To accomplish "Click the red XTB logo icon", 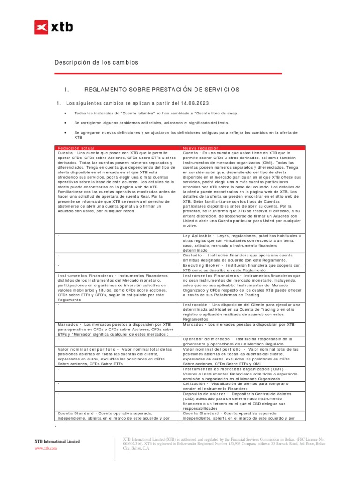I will click(x=41, y=27).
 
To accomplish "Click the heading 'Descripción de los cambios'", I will click(x=97, y=62).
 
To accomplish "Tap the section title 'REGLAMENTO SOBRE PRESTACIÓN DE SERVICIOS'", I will click(x=161, y=89).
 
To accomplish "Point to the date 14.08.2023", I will click(x=195, y=103).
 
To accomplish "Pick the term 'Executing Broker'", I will click(x=200, y=265).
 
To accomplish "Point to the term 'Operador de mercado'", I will click(x=207, y=338).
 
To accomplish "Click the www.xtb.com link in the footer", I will click(x=45, y=448).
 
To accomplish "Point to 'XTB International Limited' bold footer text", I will click(x=57, y=441).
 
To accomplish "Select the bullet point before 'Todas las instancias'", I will click(x=64, y=113).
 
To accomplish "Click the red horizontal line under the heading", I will click(x=168, y=73).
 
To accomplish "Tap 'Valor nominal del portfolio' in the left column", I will click(x=88, y=349).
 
